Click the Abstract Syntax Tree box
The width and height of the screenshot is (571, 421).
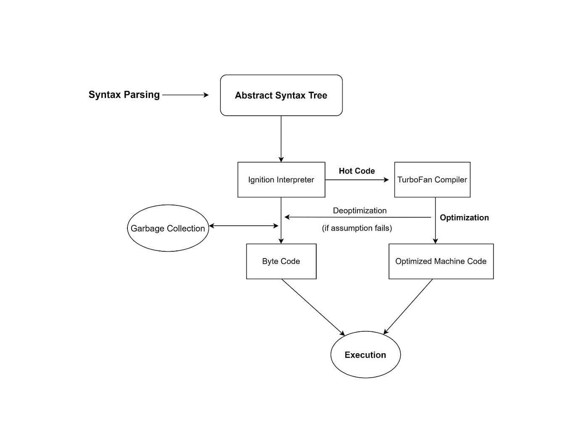pyautogui.click(x=281, y=95)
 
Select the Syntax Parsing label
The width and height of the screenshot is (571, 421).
pyautogui.click(x=124, y=95)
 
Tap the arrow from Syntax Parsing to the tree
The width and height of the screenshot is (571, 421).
pyautogui.click(x=185, y=95)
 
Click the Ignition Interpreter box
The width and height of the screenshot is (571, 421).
pyautogui.click(x=281, y=180)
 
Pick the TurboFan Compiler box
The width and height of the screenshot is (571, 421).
pyautogui.click(x=432, y=180)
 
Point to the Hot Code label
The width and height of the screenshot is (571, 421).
pyautogui.click(x=357, y=171)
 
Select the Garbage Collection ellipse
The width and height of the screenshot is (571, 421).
pyautogui.click(x=167, y=228)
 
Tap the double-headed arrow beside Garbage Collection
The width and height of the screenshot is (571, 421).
pyautogui.click(x=243, y=226)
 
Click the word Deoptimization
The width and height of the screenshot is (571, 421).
pyautogui.click(x=360, y=210)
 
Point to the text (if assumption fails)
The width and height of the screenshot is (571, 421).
pyautogui.click(x=357, y=228)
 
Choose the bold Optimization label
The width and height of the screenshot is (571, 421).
pyautogui.click(x=464, y=218)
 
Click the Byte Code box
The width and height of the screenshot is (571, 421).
pyautogui.click(x=281, y=261)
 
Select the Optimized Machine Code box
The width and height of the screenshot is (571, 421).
pyautogui.click(x=441, y=261)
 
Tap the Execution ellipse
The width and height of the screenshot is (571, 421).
pyautogui.click(x=365, y=354)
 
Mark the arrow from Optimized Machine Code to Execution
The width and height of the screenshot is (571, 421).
pyautogui.click(x=408, y=306)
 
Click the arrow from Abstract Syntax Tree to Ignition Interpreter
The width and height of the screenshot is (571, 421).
pyautogui.click(x=281, y=139)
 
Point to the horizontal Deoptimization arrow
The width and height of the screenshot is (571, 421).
pyautogui.click(x=357, y=217)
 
